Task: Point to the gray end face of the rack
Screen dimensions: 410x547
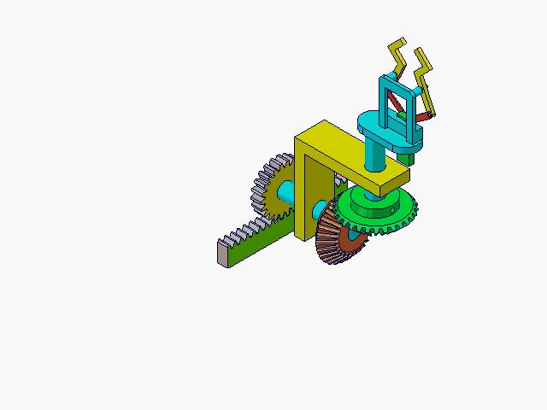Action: pos(223,254)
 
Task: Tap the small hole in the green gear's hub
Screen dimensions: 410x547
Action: pos(396,206)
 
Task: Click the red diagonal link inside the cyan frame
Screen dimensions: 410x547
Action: pos(394,106)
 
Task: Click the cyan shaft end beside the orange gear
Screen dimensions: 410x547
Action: pos(318,209)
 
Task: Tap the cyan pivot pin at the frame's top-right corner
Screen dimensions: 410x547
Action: pos(418,90)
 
